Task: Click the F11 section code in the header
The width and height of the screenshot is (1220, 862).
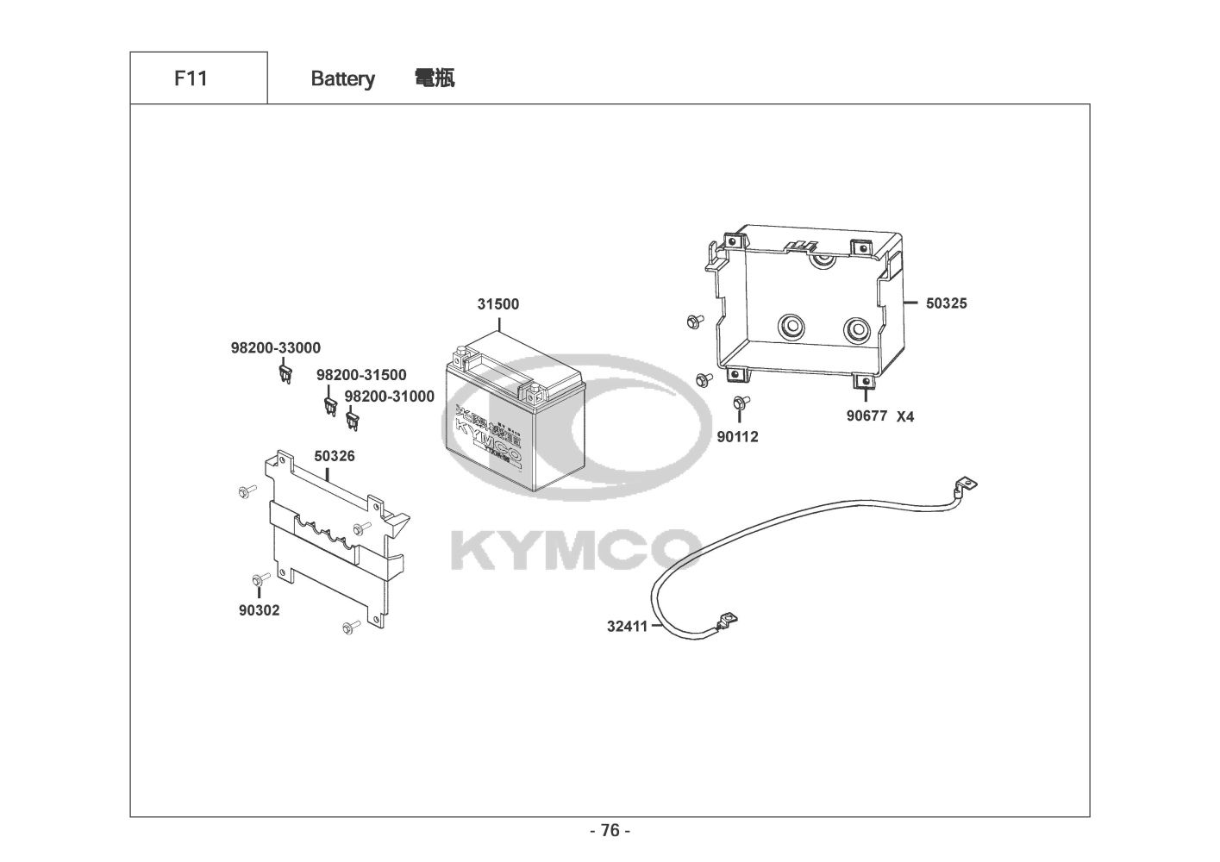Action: pos(191,78)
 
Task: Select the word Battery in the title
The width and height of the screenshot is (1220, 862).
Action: pos(342,79)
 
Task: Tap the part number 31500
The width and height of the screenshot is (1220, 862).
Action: pos(498,304)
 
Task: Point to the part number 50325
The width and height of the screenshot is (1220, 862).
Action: pos(947,303)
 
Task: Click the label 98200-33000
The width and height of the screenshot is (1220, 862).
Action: pos(275,348)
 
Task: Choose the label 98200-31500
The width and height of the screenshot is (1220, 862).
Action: pos(361,375)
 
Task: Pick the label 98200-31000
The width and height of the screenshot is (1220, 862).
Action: pos(389,396)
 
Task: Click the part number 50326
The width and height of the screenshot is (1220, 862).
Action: pos(335,455)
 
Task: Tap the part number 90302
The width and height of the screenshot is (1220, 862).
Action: pos(260,610)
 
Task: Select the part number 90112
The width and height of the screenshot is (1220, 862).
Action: pos(737,437)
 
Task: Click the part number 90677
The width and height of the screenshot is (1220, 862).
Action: pos(867,416)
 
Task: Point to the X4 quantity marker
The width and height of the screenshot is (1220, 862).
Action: pos(904,417)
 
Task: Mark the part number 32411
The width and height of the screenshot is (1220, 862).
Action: pos(627,627)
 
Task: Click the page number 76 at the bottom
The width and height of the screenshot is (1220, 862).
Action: pos(610,830)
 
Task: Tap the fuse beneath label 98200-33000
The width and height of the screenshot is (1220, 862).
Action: pos(286,374)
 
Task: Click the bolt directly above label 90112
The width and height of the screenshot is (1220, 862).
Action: pos(739,403)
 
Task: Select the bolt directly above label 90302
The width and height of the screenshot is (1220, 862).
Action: pos(257,578)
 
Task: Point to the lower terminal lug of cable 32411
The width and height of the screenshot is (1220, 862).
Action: pos(728,619)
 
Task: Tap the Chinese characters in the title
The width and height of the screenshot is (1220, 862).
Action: pos(435,78)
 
